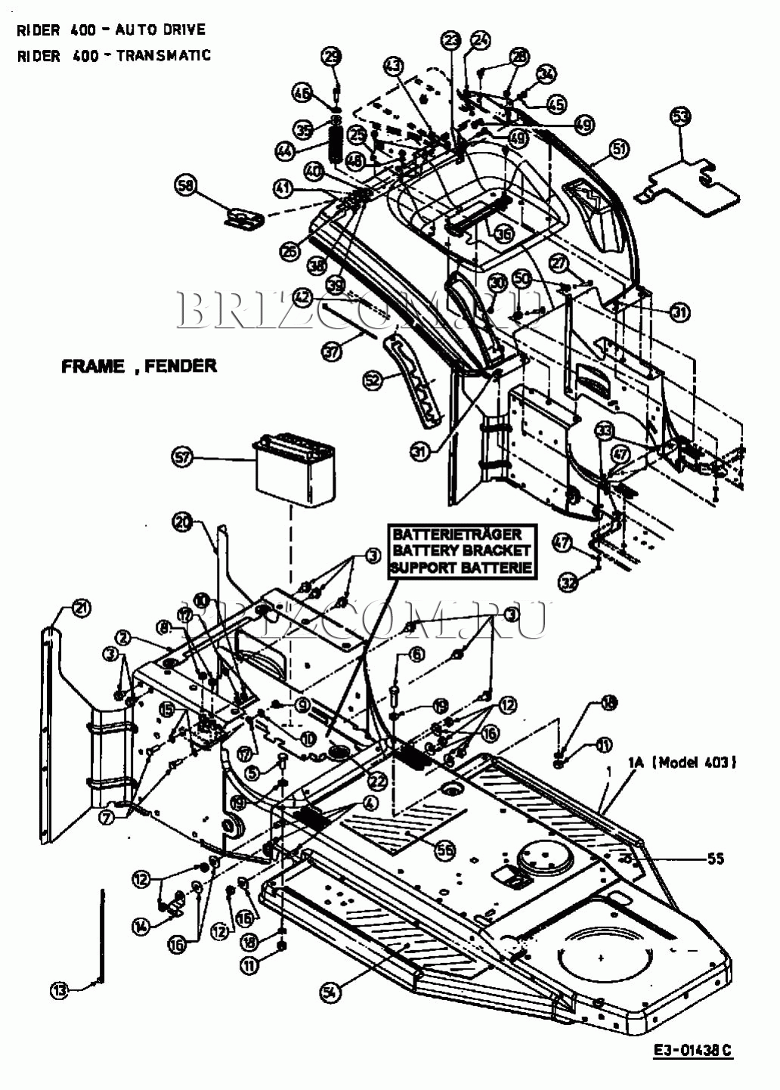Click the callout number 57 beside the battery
(x=183, y=457)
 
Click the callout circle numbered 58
(x=185, y=185)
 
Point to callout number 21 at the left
(x=80, y=608)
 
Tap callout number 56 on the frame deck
(x=445, y=850)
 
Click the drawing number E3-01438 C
(x=693, y=1050)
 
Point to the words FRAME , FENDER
(x=139, y=366)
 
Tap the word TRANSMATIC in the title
(x=164, y=55)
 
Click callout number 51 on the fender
(x=619, y=150)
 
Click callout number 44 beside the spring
(x=285, y=151)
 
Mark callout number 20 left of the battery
(x=183, y=522)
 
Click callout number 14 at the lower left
(x=141, y=926)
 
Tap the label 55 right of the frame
(x=715, y=859)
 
